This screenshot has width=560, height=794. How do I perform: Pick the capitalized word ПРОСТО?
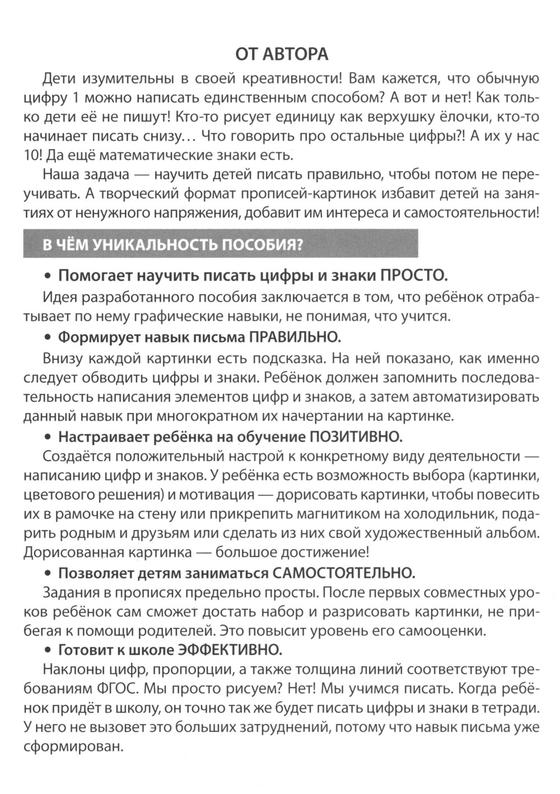pyautogui.click(x=414, y=275)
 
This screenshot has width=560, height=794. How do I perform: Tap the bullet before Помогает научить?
pyautogui.click(x=48, y=276)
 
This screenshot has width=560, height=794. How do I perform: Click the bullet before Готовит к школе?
pyautogui.click(x=48, y=650)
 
